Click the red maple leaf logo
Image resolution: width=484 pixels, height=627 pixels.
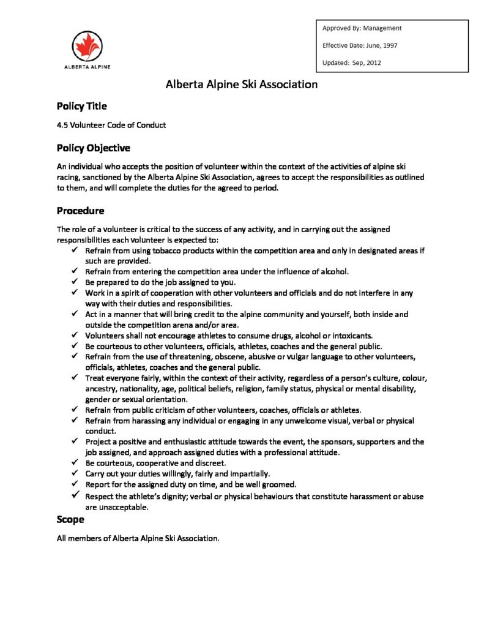click(87, 45)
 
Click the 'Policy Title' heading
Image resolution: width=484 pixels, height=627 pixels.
click(82, 107)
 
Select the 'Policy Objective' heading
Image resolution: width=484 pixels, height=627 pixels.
click(93, 148)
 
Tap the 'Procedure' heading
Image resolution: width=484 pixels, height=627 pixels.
click(80, 211)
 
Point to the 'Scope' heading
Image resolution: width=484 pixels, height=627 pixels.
click(70, 520)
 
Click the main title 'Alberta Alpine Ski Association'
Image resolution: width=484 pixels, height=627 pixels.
click(242, 84)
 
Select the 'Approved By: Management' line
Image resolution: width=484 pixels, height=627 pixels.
click(362, 28)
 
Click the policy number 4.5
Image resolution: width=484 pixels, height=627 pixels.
click(62, 125)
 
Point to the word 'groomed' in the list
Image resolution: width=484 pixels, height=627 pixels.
click(280, 484)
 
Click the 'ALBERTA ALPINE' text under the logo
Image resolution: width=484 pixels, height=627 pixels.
click(87, 66)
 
